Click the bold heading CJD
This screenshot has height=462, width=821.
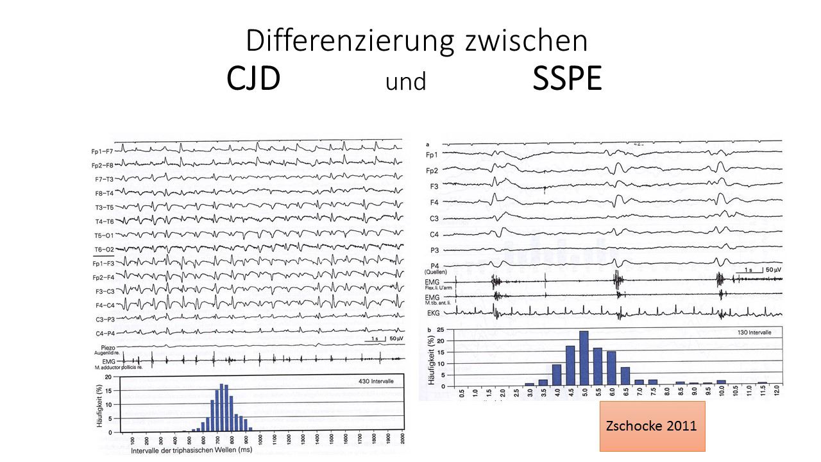[253, 79]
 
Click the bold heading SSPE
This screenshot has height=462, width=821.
[567, 79]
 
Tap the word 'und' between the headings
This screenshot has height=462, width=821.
[406, 82]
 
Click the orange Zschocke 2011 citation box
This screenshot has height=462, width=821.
[652, 426]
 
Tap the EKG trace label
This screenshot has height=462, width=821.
[434, 312]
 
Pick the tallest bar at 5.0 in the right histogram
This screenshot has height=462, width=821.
[584, 358]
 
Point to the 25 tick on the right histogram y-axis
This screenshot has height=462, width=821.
[440, 330]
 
